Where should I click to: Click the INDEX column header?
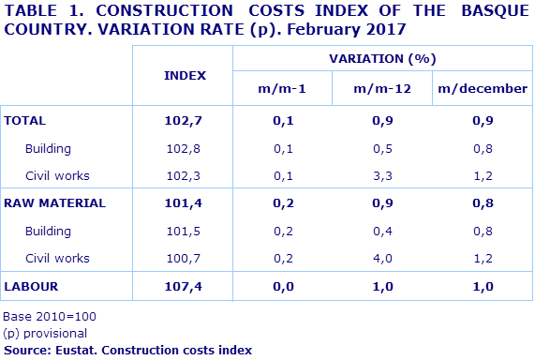pyautogui.click(x=185, y=74)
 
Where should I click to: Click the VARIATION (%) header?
pyautogui.click(x=382, y=58)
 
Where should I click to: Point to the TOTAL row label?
pyautogui.click(x=25, y=121)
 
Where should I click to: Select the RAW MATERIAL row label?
pyautogui.click(x=55, y=202)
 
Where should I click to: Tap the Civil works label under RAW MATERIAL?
pyautogui.click(x=58, y=258)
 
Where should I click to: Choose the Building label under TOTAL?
pyautogui.click(x=49, y=148)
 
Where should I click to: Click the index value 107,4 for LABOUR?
pyautogui.click(x=185, y=285)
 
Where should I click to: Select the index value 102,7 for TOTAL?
pyautogui.click(x=185, y=121)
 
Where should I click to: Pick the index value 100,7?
pyautogui.click(x=185, y=258)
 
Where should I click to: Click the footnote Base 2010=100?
pyautogui.click(x=51, y=317)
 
